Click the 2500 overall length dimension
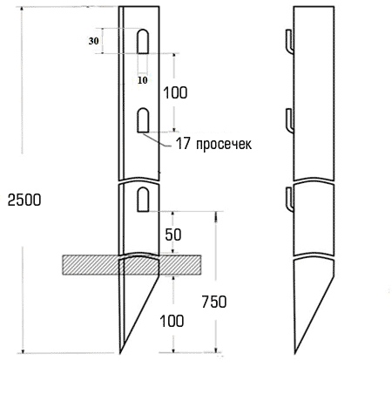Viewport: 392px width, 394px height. (23, 199)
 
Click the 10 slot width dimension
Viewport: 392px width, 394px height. (143, 79)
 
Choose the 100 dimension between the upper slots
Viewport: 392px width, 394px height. (174, 92)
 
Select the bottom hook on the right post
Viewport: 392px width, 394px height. (287, 199)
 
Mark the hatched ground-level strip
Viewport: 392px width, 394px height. (87, 262)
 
